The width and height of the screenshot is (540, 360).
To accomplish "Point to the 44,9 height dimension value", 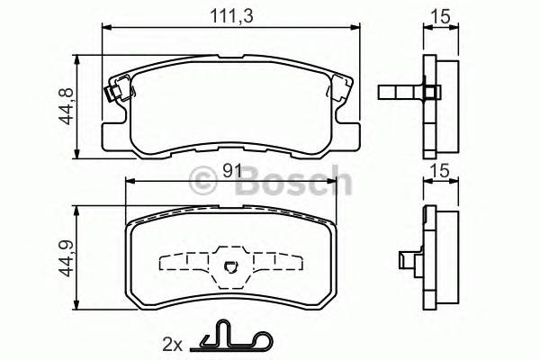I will [x=67, y=255].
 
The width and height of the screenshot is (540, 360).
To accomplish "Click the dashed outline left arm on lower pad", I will [x=184, y=263].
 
